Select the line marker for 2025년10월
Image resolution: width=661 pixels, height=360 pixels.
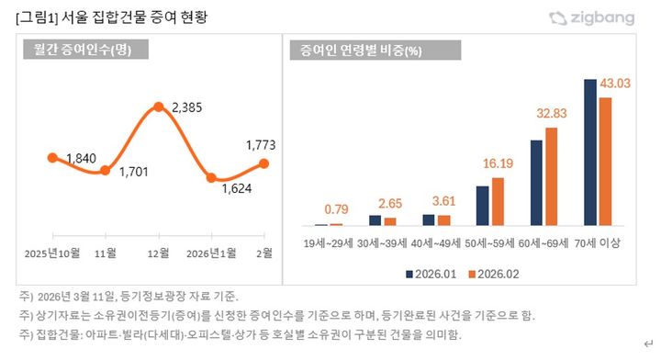pos(52,158)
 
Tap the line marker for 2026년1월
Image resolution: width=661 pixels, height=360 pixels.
pos(212,178)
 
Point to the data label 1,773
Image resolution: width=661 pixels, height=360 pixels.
pos(261,144)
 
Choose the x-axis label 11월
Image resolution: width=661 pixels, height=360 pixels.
pos(106,252)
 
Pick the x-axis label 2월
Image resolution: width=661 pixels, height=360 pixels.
pos(264,252)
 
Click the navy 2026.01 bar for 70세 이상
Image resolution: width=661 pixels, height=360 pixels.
pos(591,152)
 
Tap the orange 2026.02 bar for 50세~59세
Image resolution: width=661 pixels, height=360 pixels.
pos(498,201)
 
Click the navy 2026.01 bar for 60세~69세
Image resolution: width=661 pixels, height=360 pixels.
pos(536,183)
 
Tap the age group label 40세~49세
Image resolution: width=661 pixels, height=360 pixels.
pos(437,243)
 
